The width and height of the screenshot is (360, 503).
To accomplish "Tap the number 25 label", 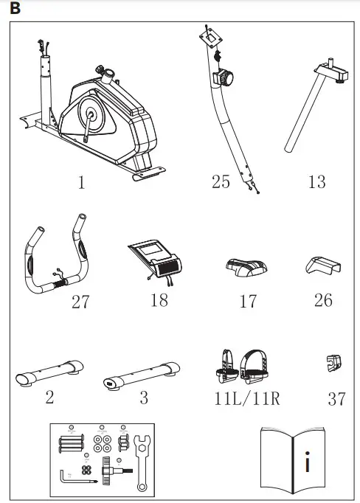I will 221,181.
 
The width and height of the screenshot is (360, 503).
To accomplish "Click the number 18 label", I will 159,300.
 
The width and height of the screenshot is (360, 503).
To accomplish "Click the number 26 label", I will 322,300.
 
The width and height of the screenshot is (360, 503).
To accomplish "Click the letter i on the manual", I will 307,465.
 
